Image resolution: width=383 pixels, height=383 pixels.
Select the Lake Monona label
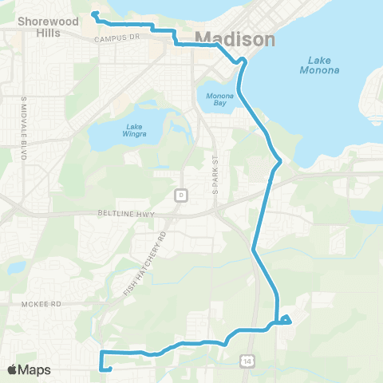pos(323,65)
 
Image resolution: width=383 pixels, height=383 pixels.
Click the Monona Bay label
pos(220,101)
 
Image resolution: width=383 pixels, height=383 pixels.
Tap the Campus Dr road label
pos(116,38)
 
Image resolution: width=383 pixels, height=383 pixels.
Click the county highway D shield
pos(181,195)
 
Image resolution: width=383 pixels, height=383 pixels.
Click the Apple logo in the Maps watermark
pos(13,369)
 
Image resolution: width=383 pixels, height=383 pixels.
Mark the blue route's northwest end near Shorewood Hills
pos(93,14)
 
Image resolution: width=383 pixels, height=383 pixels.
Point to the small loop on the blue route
pos(286,320)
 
